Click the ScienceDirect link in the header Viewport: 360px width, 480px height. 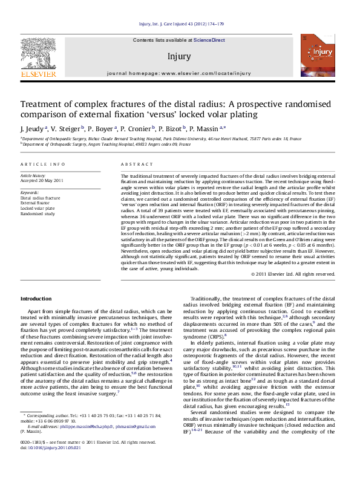tap(209, 40)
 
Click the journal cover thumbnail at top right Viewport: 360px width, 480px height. tap(320, 57)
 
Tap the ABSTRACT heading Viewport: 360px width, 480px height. tap(133, 164)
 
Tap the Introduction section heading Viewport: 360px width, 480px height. tap(36, 299)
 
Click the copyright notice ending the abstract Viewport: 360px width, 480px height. tap(293, 274)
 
